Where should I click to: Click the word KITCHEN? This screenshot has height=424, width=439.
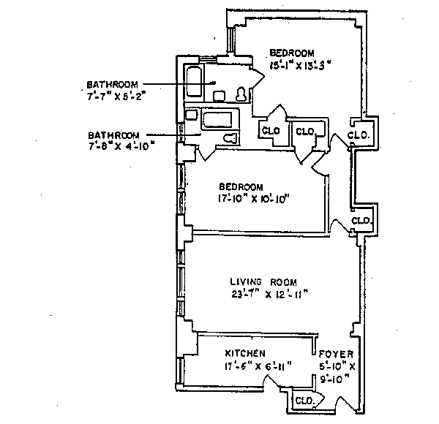(x=245, y=353)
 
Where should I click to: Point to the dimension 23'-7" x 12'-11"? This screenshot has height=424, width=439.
(x=260, y=295)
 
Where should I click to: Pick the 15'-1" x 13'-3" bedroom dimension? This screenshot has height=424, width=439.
(x=300, y=64)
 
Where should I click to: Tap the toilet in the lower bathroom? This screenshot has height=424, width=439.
(x=230, y=137)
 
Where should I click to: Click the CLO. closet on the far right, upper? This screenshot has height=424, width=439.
(x=359, y=135)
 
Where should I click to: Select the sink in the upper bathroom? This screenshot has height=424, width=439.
(x=219, y=95)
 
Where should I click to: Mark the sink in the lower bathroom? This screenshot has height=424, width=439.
(x=192, y=115)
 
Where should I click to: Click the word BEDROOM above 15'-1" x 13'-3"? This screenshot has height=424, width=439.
(x=292, y=53)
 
